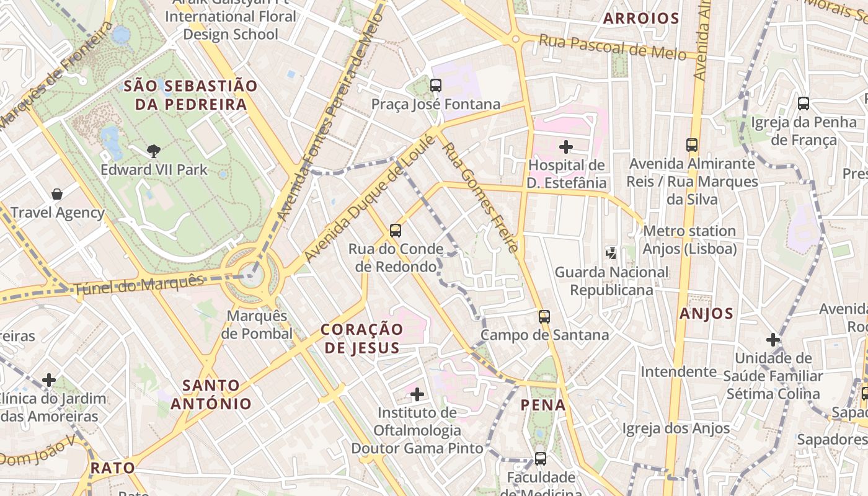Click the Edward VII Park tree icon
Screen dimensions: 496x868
pos(153,150)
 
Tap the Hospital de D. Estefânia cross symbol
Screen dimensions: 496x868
pos(565,147)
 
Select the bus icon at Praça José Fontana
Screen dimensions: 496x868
pos(436,86)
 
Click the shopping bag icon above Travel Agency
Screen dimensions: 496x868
pos(57,194)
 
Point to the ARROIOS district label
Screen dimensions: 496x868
pos(641,19)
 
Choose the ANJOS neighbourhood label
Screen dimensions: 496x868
pos(706,314)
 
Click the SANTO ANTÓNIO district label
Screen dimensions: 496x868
pos(211,394)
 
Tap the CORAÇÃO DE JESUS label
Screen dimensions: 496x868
pos(362,338)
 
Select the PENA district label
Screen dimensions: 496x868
pos(543,405)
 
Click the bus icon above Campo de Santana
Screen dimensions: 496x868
pos(544,317)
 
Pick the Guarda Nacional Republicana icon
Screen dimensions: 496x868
pos(611,253)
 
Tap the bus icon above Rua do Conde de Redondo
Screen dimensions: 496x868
pos(396,231)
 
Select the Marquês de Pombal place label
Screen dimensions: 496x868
pos(257,325)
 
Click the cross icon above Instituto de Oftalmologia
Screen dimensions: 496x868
pos(417,394)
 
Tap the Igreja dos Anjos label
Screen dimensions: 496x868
pos(676,428)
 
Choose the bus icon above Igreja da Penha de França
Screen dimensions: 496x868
pos(804,104)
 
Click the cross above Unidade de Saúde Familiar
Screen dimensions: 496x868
pos(773,340)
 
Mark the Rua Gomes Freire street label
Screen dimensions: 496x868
pos(479,198)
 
